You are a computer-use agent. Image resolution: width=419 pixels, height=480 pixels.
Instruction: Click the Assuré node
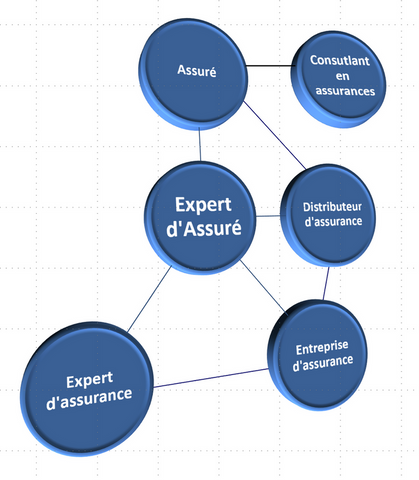(x=193, y=74)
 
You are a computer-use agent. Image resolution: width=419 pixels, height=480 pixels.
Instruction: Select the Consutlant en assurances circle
(x=338, y=79)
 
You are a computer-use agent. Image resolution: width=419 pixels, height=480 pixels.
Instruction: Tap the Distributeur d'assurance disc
(x=328, y=215)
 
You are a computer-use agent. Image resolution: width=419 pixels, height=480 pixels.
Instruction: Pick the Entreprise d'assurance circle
(x=317, y=355)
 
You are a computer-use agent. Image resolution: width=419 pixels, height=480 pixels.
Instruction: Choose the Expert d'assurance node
(x=87, y=389)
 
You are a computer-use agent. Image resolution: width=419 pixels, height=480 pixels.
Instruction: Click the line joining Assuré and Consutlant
(x=270, y=66)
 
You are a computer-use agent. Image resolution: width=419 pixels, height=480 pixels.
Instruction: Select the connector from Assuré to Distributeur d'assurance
(x=274, y=135)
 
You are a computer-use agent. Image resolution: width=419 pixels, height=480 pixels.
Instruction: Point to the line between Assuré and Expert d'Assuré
(x=200, y=145)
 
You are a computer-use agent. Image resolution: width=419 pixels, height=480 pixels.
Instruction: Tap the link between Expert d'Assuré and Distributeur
(x=268, y=216)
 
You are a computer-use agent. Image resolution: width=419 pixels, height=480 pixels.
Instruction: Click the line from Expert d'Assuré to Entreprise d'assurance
(x=263, y=287)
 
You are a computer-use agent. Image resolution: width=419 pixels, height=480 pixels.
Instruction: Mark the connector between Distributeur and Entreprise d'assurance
(x=326, y=283)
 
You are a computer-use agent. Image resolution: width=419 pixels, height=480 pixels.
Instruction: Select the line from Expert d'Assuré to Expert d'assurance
(x=149, y=299)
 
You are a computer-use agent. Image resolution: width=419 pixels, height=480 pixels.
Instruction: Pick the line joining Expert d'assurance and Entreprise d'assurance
(x=211, y=378)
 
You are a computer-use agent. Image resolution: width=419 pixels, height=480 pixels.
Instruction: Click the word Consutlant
(x=340, y=60)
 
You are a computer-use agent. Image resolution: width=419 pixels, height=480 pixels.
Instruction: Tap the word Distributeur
(x=332, y=207)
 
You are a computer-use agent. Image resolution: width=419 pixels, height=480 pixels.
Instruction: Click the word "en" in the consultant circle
(x=343, y=76)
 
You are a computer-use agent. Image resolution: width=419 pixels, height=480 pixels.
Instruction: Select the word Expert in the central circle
(x=203, y=204)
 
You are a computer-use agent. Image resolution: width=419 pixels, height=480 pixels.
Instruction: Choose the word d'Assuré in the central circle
(x=204, y=228)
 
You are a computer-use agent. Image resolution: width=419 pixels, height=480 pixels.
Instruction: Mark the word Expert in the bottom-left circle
(x=89, y=380)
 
